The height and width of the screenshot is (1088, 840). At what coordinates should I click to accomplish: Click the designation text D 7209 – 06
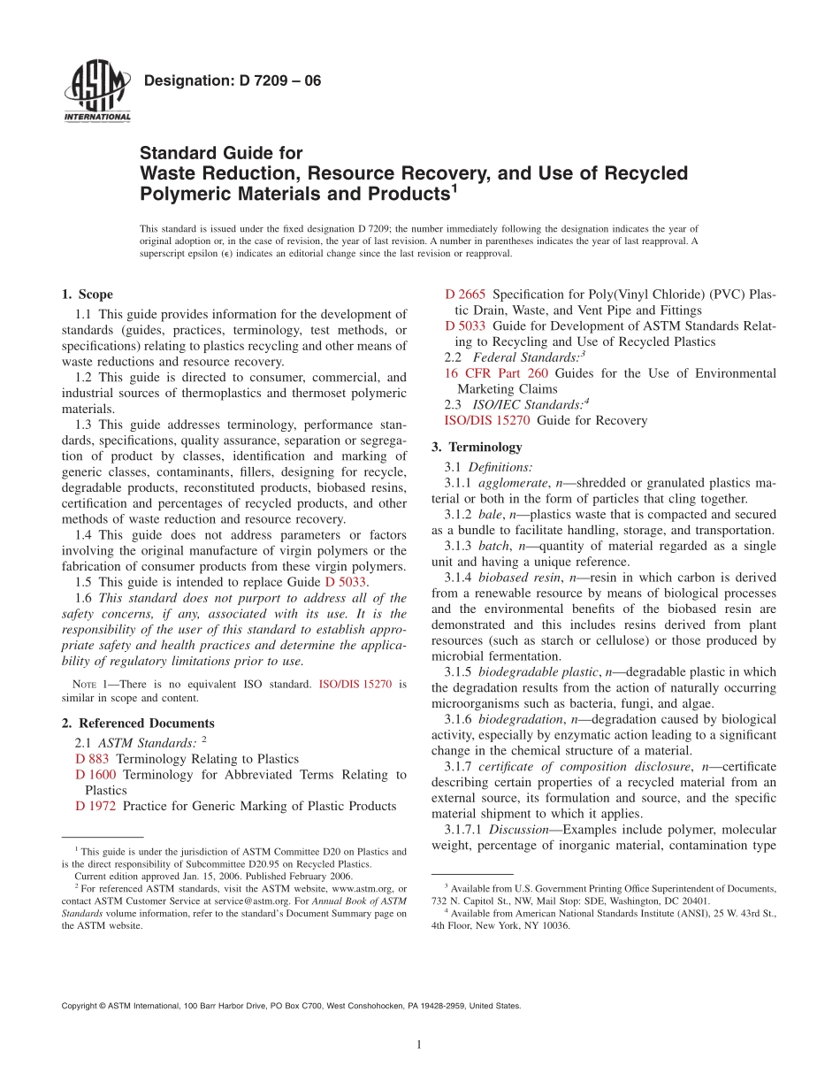(x=232, y=81)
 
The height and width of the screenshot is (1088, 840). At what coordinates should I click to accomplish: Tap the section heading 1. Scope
(x=87, y=295)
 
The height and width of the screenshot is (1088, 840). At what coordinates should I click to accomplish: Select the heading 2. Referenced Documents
(x=138, y=723)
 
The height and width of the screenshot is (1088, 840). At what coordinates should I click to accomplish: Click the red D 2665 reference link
(x=464, y=294)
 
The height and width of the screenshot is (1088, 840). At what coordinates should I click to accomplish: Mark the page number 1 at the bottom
(x=419, y=1045)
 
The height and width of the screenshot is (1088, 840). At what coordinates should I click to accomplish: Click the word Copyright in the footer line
(x=80, y=1006)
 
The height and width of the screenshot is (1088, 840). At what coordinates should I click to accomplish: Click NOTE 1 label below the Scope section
(x=87, y=684)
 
